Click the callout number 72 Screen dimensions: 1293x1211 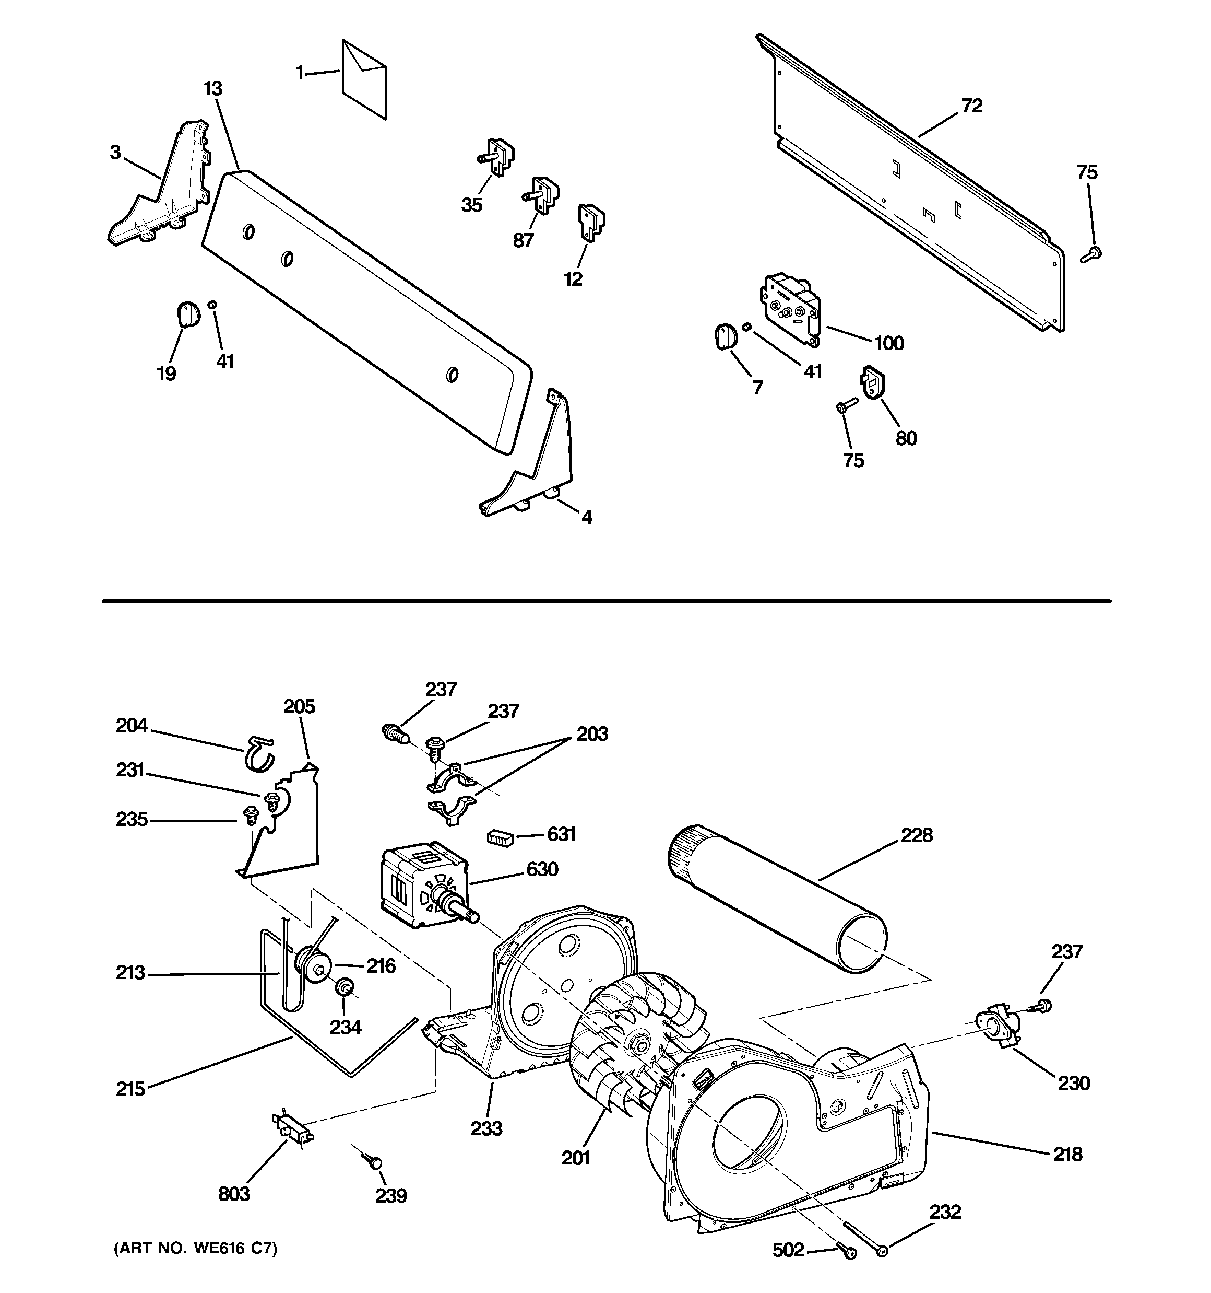[x=972, y=106]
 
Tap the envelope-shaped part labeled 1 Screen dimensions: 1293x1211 [x=364, y=78]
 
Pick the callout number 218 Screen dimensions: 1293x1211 [x=1067, y=1155]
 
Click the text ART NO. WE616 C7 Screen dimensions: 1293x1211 [x=196, y=1248]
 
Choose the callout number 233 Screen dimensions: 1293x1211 [x=486, y=1128]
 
